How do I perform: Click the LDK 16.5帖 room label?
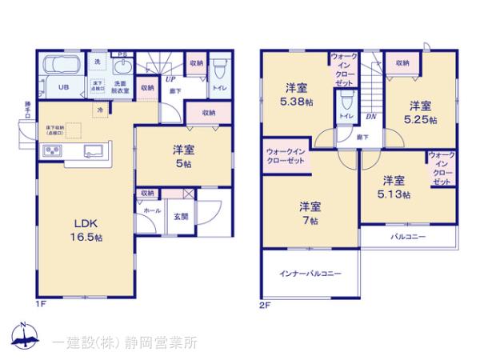83,230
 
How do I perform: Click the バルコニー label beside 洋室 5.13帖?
408,237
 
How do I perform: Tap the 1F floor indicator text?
40,305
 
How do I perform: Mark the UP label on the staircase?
170,78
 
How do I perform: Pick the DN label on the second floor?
370,116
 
